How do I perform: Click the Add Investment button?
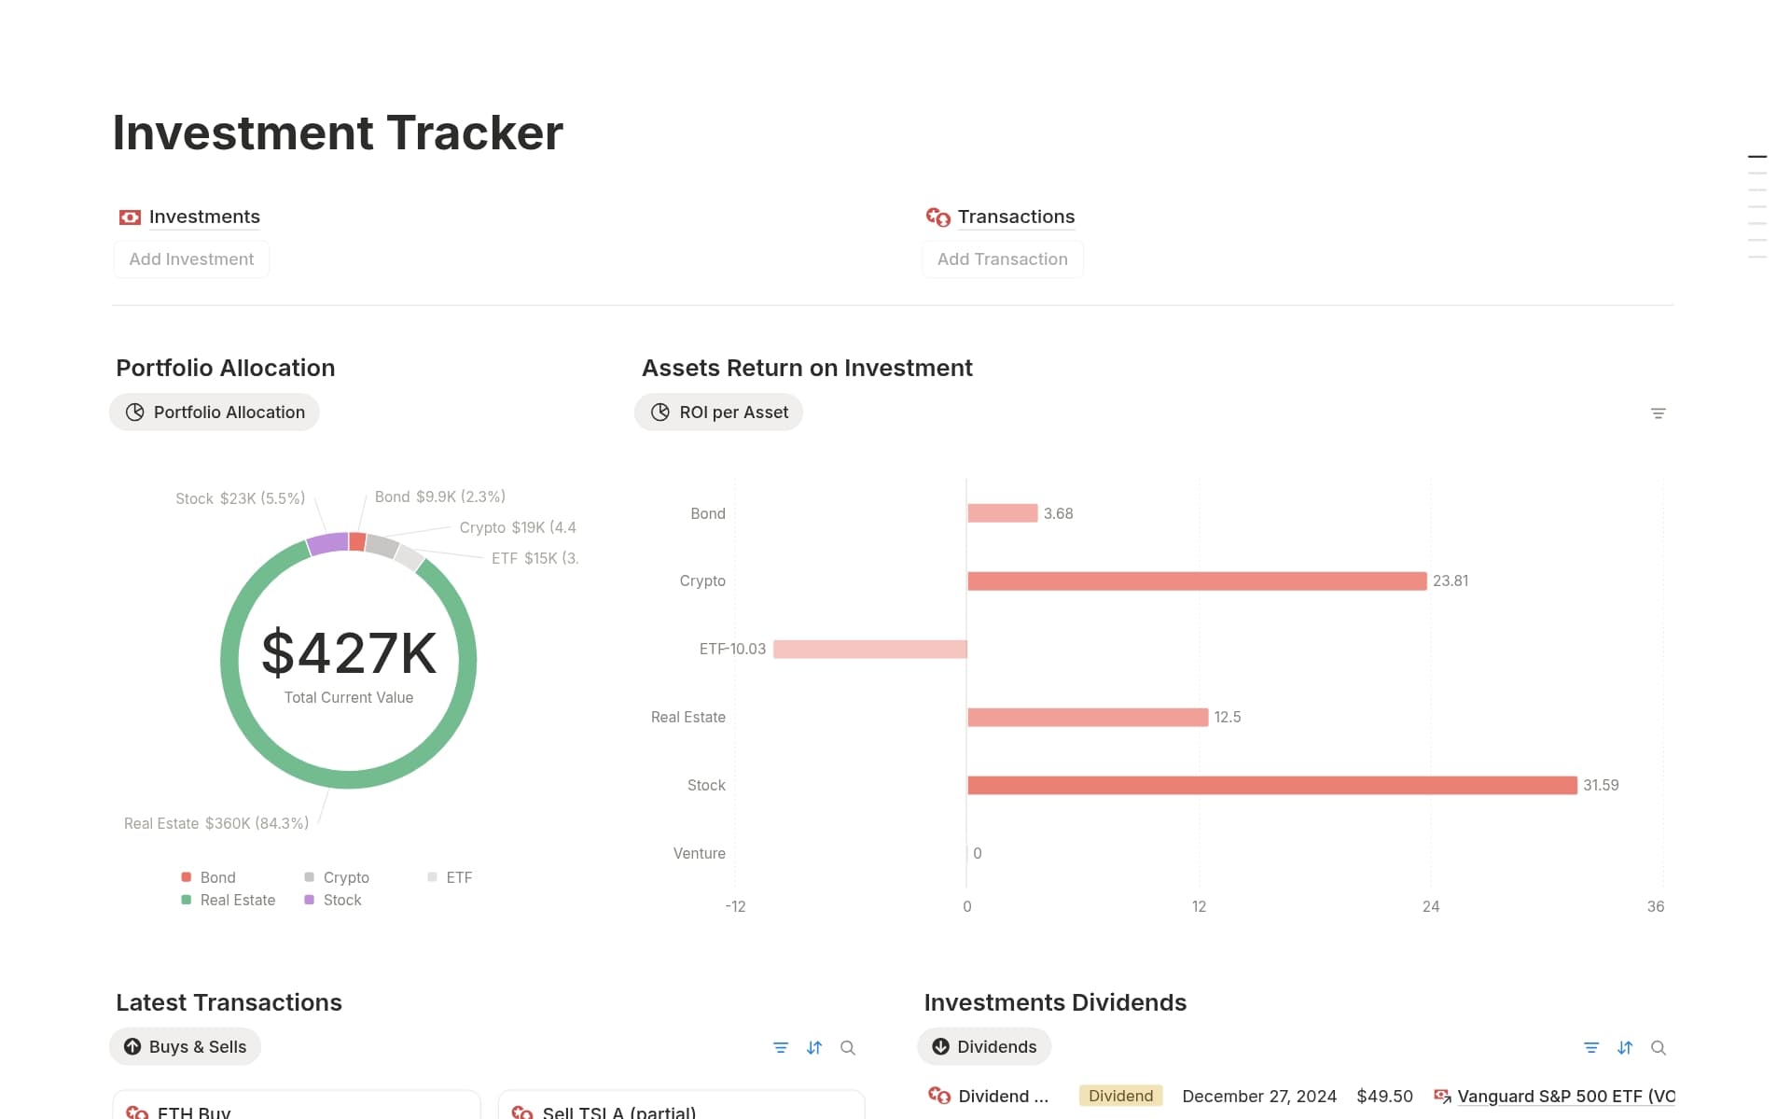(191, 259)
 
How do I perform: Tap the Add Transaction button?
(1002, 259)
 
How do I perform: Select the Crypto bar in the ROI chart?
(1196, 581)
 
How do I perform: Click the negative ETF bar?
(869, 650)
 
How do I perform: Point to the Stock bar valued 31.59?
(1271, 786)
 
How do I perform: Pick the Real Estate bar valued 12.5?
(1088, 718)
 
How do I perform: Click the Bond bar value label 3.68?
(1058, 513)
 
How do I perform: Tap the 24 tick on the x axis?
(1430, 906)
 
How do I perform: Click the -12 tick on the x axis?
(735, 906)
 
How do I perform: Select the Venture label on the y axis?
(699, 853)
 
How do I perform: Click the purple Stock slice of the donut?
(327, 544)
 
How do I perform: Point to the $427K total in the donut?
(349, 653)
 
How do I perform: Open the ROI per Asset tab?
(718, 413)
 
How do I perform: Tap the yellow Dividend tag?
(1120, 1096)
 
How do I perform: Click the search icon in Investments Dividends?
(1658, 1048)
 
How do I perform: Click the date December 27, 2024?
(1258, 1096)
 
